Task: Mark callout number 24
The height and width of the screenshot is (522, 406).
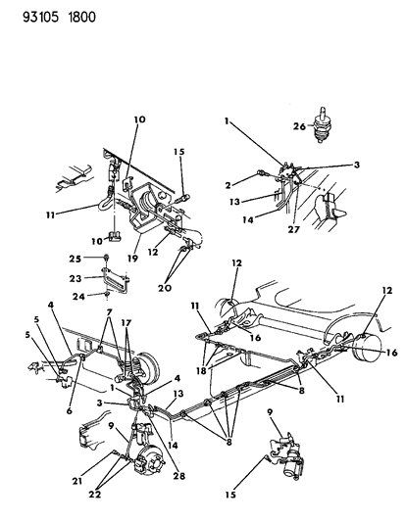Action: [x=87, y=295]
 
